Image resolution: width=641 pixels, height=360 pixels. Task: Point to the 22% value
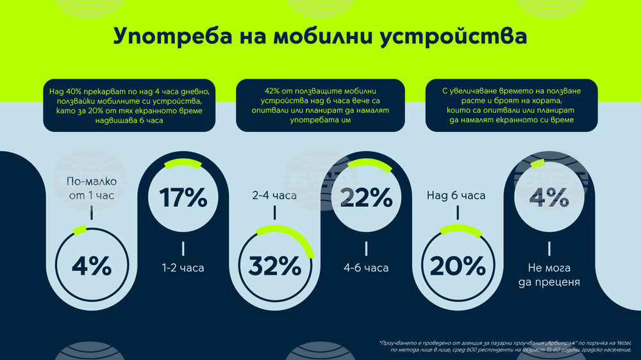[366, 198]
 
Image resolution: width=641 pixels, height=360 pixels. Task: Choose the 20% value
[458, 265]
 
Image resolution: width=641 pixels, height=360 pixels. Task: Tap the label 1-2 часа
[183, 268]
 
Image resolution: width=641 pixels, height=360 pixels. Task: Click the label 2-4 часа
[275, 195]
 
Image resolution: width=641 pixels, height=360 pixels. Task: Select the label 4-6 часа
[366, 268]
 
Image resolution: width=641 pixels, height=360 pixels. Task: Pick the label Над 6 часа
[456, 195]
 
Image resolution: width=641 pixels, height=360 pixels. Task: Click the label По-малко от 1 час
[91, 188]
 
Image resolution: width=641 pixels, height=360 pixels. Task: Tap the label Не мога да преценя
[549, 275]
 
